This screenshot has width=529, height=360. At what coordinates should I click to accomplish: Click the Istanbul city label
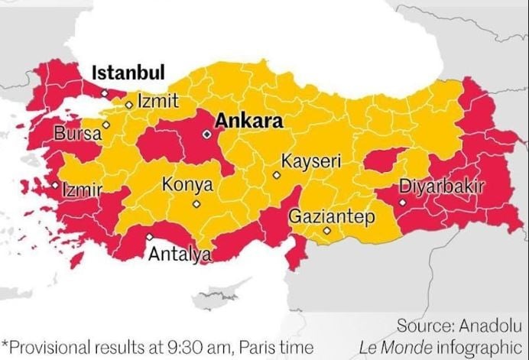128,73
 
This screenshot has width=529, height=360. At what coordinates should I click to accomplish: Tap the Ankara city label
248,121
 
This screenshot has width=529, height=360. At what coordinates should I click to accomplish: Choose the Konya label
187,185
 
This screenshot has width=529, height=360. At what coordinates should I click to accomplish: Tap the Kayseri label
310,162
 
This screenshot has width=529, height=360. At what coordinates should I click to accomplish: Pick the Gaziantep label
332,217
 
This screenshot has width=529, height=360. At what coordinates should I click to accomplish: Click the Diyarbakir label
441,186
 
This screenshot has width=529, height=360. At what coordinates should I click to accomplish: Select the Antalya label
180,254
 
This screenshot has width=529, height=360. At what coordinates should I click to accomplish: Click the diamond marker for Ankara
206,135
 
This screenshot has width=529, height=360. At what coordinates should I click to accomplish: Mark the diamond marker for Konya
196,204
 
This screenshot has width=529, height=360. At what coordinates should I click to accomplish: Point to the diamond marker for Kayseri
277,175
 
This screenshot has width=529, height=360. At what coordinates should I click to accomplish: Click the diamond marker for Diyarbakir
402,203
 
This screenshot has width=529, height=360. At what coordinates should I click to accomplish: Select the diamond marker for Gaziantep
326,231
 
